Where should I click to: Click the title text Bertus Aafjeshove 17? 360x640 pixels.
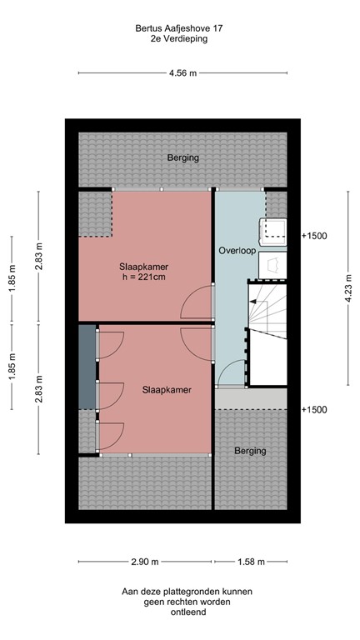coord(179,27)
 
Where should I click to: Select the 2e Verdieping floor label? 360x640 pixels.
coord(179,38)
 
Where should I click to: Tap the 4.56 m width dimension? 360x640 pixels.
coord(182,73)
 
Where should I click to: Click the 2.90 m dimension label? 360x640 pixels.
coord(144,561)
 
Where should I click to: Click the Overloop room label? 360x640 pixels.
coord(235,250)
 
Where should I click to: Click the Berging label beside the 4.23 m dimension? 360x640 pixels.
coord(250,451)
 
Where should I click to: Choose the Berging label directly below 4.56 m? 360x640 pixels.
coord(182,157)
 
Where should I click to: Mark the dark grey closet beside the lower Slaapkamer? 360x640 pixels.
coord(87,367)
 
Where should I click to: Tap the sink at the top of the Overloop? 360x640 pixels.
coord(273,229)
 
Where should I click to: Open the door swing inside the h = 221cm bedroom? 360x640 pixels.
coord(198,303)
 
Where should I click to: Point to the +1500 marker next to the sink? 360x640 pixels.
coord(314,236)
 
